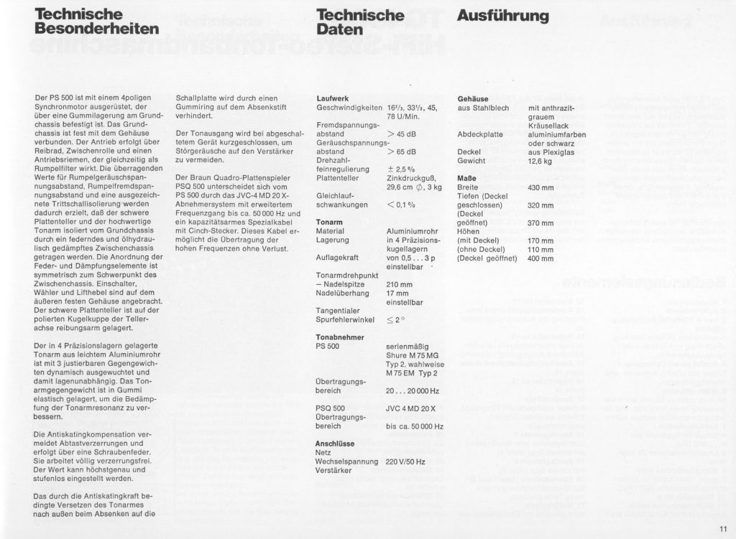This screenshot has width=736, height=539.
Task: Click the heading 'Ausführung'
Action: (x=502, y=16)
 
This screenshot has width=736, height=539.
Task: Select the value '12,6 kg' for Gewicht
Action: (x=540, y=161)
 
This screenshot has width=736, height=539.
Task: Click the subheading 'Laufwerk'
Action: (x=332, y=98)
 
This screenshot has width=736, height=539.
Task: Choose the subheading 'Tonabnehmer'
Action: (x=339, y=337)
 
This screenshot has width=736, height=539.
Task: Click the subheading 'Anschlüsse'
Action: (x=337, y=444)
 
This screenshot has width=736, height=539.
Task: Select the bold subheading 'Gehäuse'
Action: (x=473, y=98)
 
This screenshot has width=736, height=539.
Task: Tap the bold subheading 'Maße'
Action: (x=467, y=178)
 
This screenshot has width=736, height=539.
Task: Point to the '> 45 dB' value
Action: (x=401, y=133)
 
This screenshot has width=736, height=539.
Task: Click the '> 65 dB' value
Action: (x=401, y=151)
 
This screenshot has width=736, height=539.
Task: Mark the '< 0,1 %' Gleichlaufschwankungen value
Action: (x=401, y=205)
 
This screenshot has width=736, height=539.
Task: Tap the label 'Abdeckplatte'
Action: (x=479, y=134)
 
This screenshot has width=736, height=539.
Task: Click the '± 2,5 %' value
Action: (x=400, y=169)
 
